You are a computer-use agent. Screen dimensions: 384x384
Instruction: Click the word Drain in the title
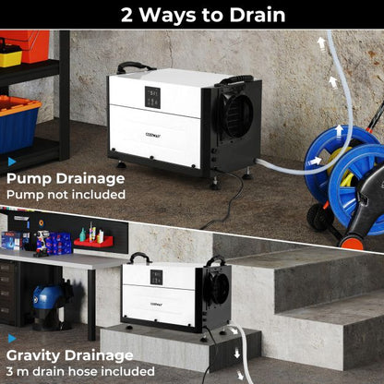point(251,15)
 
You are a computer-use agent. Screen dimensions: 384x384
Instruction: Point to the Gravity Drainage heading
point(69,355)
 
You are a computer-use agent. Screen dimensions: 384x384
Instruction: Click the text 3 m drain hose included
point(80,371)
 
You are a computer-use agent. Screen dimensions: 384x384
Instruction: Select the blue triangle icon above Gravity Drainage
point(12,339)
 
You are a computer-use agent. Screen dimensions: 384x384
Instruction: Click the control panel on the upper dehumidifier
point(153,98)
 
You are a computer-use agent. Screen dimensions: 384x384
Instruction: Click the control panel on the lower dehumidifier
point(156,276)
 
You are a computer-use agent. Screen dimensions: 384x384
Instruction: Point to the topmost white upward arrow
point(321,42)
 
